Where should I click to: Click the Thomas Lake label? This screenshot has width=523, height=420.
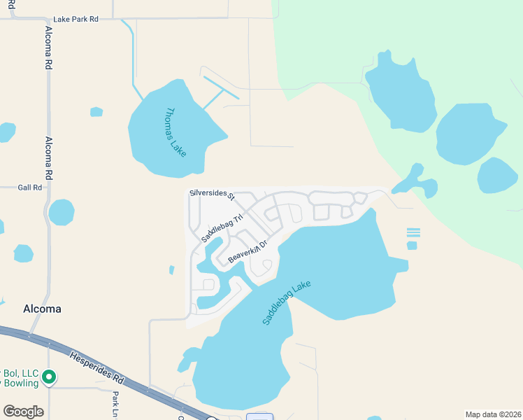click(175, 132)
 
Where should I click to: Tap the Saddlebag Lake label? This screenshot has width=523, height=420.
click(286, 302)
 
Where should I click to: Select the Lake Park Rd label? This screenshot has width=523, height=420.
click(76, 19)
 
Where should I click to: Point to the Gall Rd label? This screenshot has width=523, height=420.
click(30, 188)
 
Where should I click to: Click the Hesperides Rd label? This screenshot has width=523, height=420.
click(97, 368)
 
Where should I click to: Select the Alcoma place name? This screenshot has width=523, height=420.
click(42, 309)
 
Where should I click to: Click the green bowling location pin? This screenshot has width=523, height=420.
click(49, 378)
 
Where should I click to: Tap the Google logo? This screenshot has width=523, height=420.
click(23, 412)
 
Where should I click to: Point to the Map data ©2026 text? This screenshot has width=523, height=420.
click(493, 414)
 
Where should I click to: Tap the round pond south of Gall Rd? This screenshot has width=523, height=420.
click(62, 212)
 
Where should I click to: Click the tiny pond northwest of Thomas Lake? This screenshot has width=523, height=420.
click(96, 112)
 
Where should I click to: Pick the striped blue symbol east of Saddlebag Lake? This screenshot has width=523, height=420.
click(413, 233)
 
